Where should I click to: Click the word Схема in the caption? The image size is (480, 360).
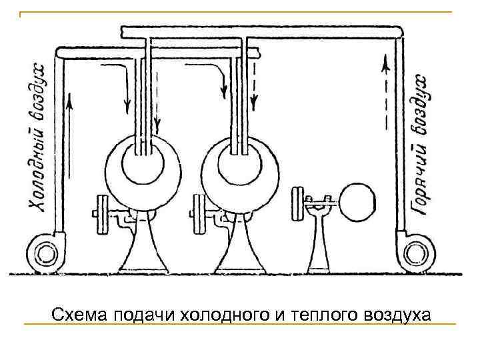(x=73, y=313)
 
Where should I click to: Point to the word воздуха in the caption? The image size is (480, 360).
(x=397, y=313)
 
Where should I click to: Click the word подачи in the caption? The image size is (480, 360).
(x=139, y=313)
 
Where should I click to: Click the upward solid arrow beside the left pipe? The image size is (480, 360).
(x=69, y=113)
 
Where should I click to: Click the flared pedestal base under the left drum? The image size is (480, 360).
(x=141, y=253)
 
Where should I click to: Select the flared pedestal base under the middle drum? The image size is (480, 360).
(x=237, y=253)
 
